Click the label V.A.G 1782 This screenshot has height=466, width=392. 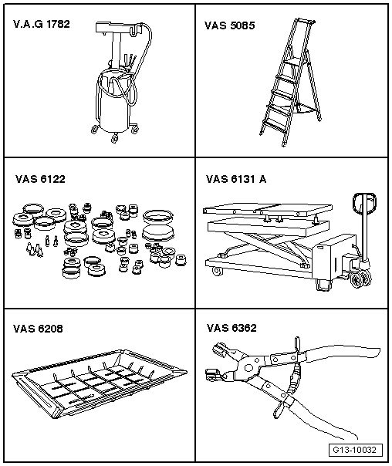42,24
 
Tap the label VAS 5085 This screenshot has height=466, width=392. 229,25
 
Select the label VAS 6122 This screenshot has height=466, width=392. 40,179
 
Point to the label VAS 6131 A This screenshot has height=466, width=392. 236,179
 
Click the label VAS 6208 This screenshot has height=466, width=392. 38,329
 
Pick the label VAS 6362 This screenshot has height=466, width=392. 231,328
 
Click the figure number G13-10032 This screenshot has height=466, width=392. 356,450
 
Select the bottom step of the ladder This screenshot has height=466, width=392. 274,124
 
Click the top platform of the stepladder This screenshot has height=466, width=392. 304,22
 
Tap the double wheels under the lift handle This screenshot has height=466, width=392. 361,279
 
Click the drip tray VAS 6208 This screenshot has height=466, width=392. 100,383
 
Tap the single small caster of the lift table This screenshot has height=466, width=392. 218,271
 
